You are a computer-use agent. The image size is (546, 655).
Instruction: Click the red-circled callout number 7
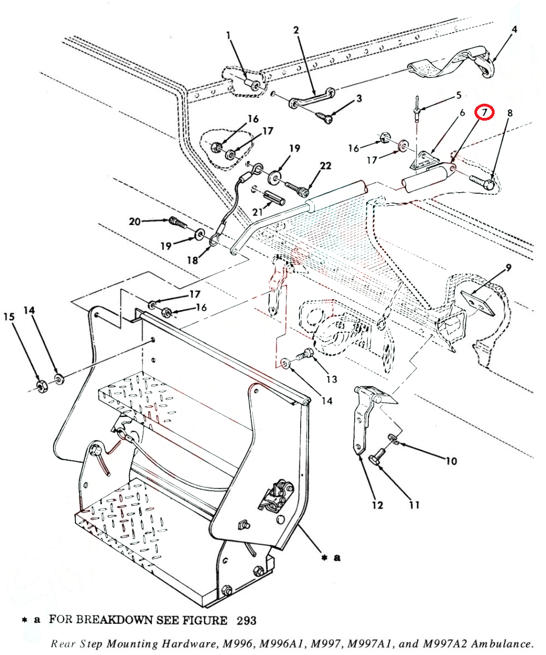tap(484, 112)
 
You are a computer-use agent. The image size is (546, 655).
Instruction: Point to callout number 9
tap(508, 267)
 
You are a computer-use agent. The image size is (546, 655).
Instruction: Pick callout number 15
tap(8, 317)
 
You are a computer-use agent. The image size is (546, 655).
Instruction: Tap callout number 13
tap(332, 379)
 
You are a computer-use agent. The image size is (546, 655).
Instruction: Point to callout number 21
tap(257, 210)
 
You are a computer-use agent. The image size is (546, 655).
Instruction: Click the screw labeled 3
tap(325, 117)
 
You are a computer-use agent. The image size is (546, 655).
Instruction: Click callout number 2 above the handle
tap(296, 31)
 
